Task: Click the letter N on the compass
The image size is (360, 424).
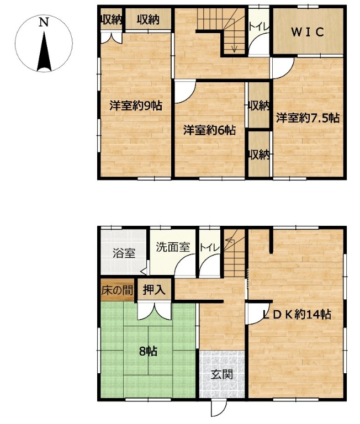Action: pyautogui.click(x=43, y=22)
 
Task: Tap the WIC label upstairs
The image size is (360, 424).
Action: pyautogui.click(x=308, y=32)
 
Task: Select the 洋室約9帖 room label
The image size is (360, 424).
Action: pyautogui.click(x=136, y=105)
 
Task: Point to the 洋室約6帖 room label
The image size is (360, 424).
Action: pyautogui.click(x=209, y=130)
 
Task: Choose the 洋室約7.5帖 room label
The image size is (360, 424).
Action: pyautogui.click(x=308, y=118)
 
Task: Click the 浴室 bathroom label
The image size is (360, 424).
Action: pyautogui.click(x=124, y=253)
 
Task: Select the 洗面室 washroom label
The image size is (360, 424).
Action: pyautogui.click(x=173, y=247)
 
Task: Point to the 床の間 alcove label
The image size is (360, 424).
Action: pyautogui.click(x=118, y=291)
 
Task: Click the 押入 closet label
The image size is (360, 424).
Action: pyautogui.click(x=154, y=290)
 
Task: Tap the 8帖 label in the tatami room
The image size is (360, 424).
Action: pyautogui.click(x=148, y=351)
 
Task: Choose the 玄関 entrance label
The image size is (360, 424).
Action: pyautogui.click(x=222, y=375)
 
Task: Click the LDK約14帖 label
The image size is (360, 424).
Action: pyautogui.click(x=297, y=315)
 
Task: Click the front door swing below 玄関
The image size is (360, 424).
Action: pyautogui.click(x=218, y=409)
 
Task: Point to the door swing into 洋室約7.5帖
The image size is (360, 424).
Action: pyautogui.click(x=283, y=67)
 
